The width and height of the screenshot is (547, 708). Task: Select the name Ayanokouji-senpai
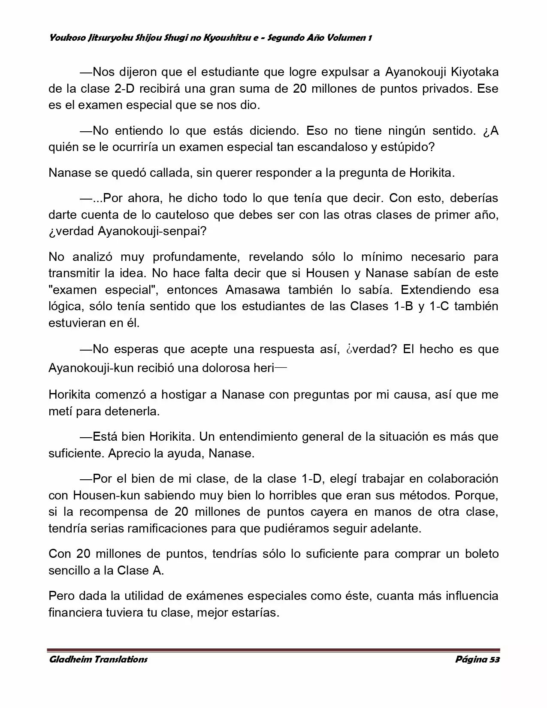point(152,231)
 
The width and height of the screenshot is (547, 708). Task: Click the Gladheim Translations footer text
point(98,660)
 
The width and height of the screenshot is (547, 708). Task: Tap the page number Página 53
point(477,660)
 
